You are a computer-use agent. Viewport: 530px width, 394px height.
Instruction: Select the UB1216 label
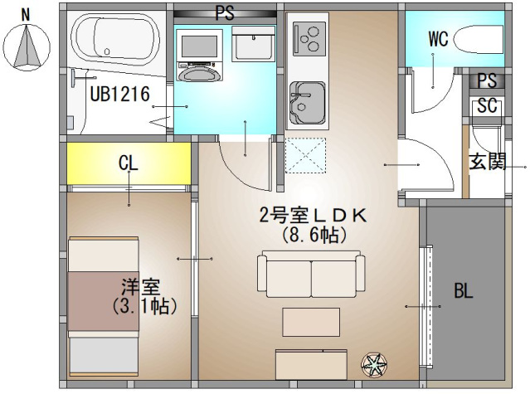click(119, 95)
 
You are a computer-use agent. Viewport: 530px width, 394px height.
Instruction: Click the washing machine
click(200, 57)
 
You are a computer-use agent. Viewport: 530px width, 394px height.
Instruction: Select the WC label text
click(439, 37)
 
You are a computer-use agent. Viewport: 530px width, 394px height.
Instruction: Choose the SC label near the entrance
click(487, 106)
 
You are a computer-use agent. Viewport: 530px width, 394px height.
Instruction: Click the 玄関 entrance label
click(487, 161)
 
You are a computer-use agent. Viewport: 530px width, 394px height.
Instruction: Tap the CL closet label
click(128, 163)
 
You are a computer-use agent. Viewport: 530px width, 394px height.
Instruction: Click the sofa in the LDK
click(311, 273)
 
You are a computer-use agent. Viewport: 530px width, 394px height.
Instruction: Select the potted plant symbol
click(374, 363)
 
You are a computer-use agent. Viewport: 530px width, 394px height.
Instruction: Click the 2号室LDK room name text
click(313, 216)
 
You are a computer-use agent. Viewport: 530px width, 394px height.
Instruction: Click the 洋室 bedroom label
click(139, 288)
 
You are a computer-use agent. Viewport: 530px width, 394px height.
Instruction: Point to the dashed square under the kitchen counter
click(306, 156)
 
